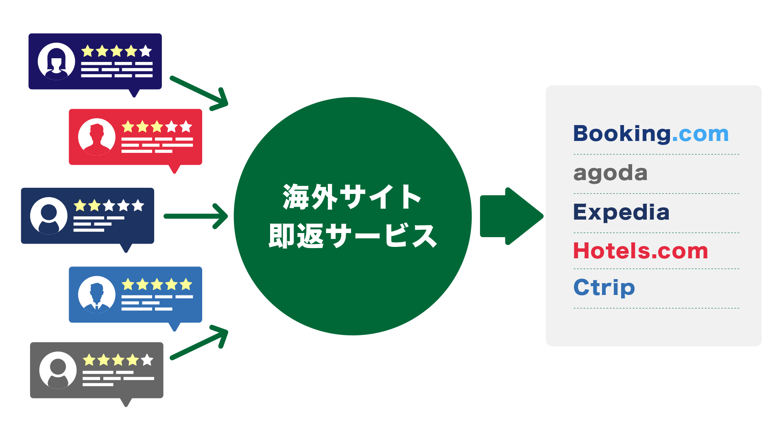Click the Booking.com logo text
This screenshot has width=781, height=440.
tap(650, 134)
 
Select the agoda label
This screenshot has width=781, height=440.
tap(610, 174)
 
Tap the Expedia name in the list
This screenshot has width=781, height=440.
tap(621, 212)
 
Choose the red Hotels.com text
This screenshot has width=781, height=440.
tap(641, 251)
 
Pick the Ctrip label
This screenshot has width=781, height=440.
tap(604, 288)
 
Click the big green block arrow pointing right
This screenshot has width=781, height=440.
tap(510, 216)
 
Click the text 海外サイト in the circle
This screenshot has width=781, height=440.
tap(352, 197)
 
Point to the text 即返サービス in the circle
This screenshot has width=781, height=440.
tap(352, 236)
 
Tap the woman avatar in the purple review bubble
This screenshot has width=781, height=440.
tap(57, 62)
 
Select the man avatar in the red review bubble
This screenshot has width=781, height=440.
tap(97, 137)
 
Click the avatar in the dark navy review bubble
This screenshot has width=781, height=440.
tap(49, 216)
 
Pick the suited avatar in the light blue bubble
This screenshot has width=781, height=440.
tap(97, 295)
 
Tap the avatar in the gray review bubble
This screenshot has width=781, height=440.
tap(58, 370)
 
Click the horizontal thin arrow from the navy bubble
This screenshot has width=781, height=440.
tap(195, 216)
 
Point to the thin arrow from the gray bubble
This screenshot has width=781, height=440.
tap(199, 343)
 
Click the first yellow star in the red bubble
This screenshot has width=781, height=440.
tap(128, 127)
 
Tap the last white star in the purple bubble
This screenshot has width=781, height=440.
tap(146, 51)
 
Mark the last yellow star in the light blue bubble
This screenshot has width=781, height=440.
tap(186, 284)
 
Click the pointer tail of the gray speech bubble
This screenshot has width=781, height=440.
tap(126, 402)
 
